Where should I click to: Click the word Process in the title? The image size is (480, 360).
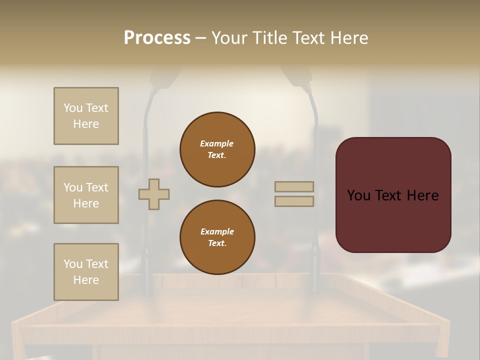(x=157, y=38)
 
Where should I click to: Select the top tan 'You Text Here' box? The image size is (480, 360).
(x=86, y=116)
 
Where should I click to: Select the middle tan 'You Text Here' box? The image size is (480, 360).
(x=86, y=195)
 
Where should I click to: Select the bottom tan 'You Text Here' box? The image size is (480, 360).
(x=86, y=272)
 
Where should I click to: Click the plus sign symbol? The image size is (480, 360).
(x=154, y=194)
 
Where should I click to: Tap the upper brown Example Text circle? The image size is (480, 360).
(x=217, y=149)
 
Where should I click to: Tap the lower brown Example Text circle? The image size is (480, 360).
(x=217, y=237)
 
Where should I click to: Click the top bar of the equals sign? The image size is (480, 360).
(x=294, y=186)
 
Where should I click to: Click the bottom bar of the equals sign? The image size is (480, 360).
(x=294, y=201)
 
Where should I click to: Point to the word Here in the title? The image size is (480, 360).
(x=348, y=38)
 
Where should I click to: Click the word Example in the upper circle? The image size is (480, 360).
(x=217, y=143)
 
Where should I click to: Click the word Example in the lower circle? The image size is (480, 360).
(x=217, y=231)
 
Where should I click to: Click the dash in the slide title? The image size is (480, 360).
(x=200, y=38)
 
